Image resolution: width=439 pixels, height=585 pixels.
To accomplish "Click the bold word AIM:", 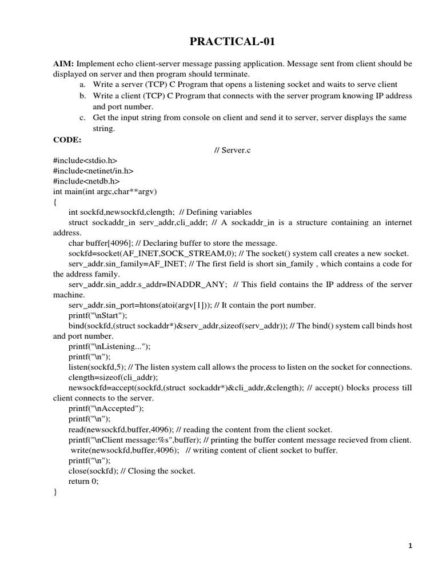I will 63,64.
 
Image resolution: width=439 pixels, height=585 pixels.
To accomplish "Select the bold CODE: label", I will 67,139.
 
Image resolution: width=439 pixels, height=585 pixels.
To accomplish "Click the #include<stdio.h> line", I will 85,161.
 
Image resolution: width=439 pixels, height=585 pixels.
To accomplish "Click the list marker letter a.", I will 83,85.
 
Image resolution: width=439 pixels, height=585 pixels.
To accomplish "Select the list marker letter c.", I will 83,118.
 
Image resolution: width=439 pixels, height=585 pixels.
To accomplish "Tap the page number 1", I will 410,546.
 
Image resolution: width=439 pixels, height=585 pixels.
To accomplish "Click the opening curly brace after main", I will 55,202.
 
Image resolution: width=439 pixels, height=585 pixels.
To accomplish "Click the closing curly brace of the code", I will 55,492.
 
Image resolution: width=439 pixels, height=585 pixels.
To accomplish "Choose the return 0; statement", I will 83,481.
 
